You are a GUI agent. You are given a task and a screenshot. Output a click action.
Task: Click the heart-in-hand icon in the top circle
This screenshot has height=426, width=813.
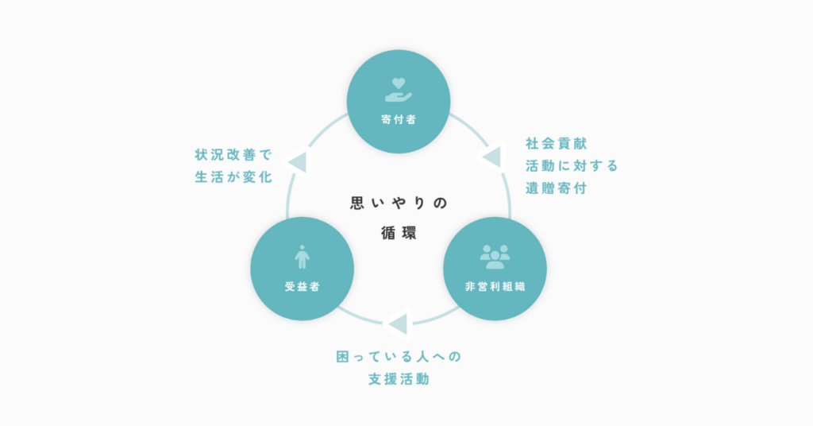point(399,90)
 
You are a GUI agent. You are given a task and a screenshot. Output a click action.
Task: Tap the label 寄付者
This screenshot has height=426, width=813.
point(399,119)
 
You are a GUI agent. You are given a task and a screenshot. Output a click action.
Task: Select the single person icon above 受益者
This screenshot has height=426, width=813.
point(302,257)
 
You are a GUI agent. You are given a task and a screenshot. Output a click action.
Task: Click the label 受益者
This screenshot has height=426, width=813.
point(302,286)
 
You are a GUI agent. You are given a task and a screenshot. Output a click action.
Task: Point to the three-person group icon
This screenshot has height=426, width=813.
point(495,257)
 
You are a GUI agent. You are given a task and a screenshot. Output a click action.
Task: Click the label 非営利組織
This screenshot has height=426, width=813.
point(495,286)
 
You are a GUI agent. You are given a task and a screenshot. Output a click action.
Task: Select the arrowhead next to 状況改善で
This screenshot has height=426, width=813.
point(299,162)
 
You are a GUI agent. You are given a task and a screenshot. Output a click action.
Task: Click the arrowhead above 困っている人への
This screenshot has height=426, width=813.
point(399,324)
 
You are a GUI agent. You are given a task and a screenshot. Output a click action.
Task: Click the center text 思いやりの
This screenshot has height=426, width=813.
point(399,203)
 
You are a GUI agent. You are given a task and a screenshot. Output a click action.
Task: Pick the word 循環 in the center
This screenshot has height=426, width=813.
point(399,233)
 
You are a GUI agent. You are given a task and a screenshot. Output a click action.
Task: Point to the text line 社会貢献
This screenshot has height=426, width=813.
point(556,143)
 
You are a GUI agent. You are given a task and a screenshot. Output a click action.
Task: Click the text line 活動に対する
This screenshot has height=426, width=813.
point(572,165)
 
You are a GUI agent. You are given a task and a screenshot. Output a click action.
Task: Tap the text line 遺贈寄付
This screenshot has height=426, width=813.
point(556,188)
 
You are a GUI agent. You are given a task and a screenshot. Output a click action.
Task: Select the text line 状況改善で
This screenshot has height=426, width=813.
point(233,155)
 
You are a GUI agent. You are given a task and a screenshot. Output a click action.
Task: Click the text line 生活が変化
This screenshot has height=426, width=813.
point(233,177)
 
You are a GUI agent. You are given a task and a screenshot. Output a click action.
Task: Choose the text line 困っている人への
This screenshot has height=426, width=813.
point(399,357)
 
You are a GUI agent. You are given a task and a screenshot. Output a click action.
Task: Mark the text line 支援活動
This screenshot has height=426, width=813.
point(399,379)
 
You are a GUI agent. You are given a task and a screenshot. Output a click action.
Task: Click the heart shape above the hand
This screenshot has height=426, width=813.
point(399,83)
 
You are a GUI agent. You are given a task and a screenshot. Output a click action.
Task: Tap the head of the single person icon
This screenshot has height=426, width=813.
point(302,248)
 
